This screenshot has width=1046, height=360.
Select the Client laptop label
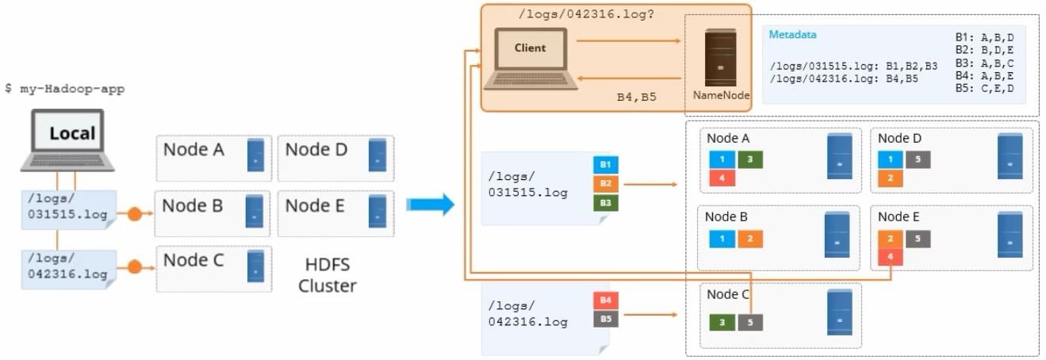click(x=530, y=48)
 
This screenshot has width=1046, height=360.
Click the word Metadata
click(x=792, y=35)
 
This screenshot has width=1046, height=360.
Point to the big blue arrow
click(x=430, y=205)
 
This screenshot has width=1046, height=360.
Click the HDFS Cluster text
click(x=327, y=275)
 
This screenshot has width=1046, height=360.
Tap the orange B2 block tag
click(x=605, y=184)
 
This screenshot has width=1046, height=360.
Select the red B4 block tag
click(x=605, y=301)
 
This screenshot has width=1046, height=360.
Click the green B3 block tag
click(x=605, y=203)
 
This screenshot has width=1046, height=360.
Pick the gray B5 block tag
click(x=605, y=319)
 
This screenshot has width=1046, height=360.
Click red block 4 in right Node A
click(x=722, y=178)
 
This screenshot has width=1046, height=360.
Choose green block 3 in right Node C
click(x=722, y=323)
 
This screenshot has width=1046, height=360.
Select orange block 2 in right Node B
click(x=750, y=239)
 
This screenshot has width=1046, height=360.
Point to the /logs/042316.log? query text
click(x=586, y=13)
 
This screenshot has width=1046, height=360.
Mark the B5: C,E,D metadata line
click(x=984, y=88)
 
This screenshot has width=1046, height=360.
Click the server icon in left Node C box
click(x=255, y=266)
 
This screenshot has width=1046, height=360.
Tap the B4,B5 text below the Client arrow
click(x=636, y=97)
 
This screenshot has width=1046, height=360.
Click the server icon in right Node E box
click(x=1010, y=234)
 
